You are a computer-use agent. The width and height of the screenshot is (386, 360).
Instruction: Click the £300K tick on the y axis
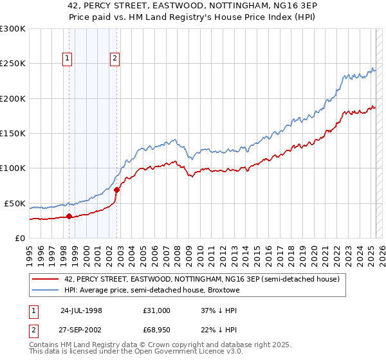point(14,29)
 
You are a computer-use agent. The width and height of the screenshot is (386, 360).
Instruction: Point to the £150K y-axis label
point(14,134)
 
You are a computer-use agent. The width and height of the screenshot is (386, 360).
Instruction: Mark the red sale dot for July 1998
point(69,217)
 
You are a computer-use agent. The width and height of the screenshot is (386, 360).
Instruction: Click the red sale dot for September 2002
point(116,190)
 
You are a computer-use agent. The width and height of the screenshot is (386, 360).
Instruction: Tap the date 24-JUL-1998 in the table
point(81,310)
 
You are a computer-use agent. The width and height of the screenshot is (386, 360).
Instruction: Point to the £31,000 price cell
point(158,310)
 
